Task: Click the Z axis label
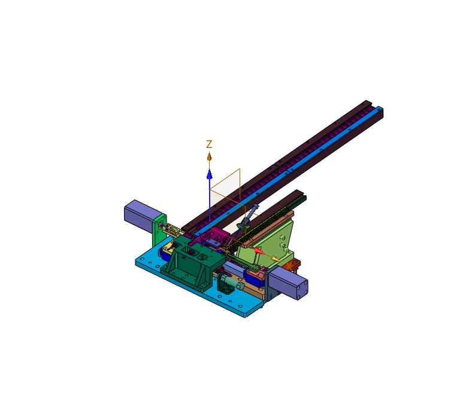click(x=209, y=144)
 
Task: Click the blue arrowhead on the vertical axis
click(x=209, y=174)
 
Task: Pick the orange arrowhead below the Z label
click(x=209, y=156)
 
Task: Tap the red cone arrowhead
click(x=258, y=250)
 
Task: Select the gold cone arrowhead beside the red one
click(x=275, y=259)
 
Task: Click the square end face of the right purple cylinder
click(x=302, y=290)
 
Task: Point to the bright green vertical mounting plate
click(x=159, y=231)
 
